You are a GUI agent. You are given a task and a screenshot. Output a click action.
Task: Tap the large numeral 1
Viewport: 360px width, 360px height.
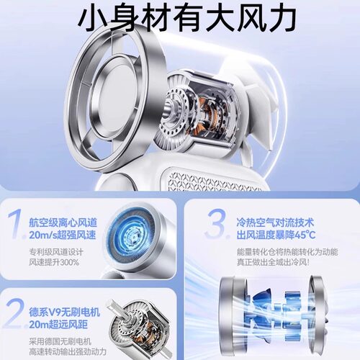point(17,224)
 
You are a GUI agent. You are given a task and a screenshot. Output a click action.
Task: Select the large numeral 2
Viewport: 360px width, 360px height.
point(17,314)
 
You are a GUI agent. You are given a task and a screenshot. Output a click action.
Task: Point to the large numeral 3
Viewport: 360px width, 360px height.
point(217,224)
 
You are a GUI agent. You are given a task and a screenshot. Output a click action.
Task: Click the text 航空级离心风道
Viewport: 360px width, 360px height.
point(63,222)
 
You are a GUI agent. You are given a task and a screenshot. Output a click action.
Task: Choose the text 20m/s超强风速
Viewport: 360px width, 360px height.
point(63,235)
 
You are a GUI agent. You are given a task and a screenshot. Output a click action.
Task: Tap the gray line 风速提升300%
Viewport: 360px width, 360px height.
point(54,262)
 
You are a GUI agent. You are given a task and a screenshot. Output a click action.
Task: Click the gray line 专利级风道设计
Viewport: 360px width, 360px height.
point(56,252)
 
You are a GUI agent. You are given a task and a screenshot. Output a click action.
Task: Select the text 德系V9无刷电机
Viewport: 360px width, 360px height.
point(65,312)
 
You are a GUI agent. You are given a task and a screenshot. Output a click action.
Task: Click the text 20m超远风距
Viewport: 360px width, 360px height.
point(58,325)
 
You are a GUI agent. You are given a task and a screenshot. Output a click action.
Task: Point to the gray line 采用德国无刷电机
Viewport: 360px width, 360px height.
point(60,341)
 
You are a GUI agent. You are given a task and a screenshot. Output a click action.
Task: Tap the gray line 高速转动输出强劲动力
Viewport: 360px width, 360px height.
point(68,351)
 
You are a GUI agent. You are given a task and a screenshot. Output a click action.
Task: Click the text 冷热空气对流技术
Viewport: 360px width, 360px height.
point(275,222)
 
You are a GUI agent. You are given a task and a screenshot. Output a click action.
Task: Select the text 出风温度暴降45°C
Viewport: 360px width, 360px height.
point(276,235)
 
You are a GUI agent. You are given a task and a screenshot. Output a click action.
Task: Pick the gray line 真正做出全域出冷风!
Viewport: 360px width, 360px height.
point(274,262)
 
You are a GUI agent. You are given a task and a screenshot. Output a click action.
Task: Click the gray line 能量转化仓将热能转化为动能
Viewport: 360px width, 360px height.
point(287,252)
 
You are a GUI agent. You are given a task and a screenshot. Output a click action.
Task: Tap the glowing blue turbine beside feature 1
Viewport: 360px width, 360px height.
point(132,234)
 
